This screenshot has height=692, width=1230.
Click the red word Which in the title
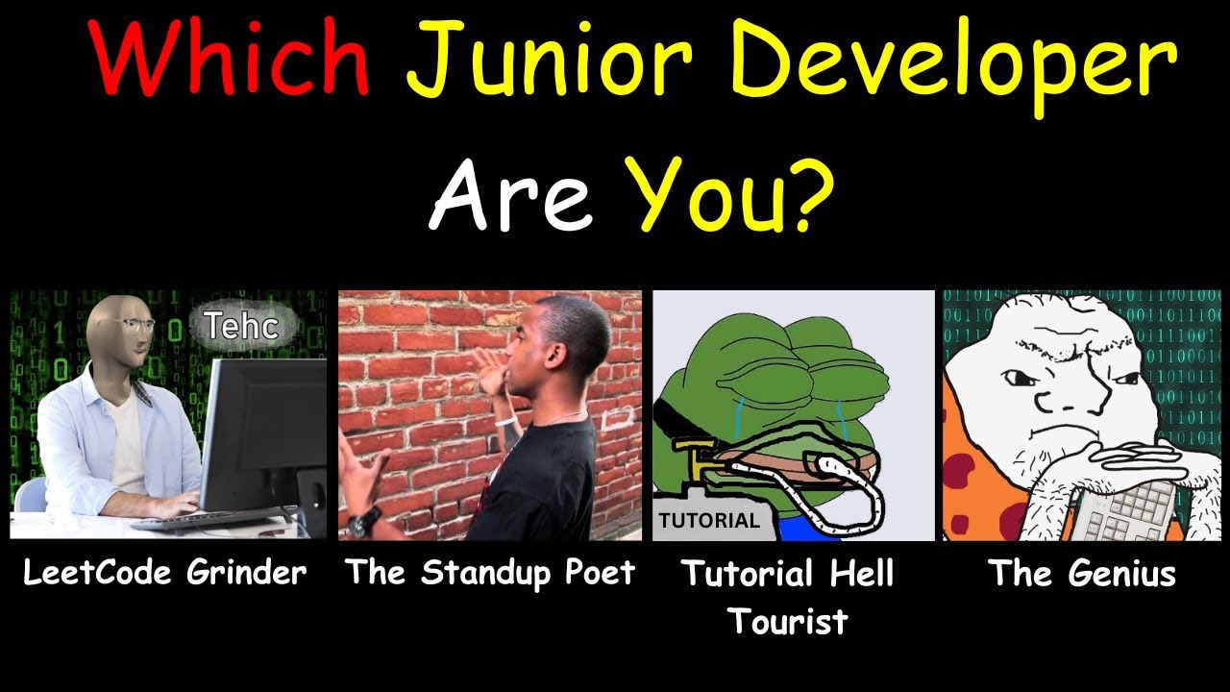[x=231, y=60]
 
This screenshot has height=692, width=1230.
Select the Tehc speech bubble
[x=240, y=327]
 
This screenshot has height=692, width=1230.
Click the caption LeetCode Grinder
[x=165, y=573]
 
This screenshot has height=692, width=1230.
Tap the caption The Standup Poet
[x=490, y=573]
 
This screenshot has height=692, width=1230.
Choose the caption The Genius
[x=1082, y=574]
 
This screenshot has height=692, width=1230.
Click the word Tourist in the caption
[x=788, y=621]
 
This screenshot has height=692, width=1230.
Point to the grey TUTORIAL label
[x=708, y=521]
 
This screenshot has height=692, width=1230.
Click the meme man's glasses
[x=135, y=327]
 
